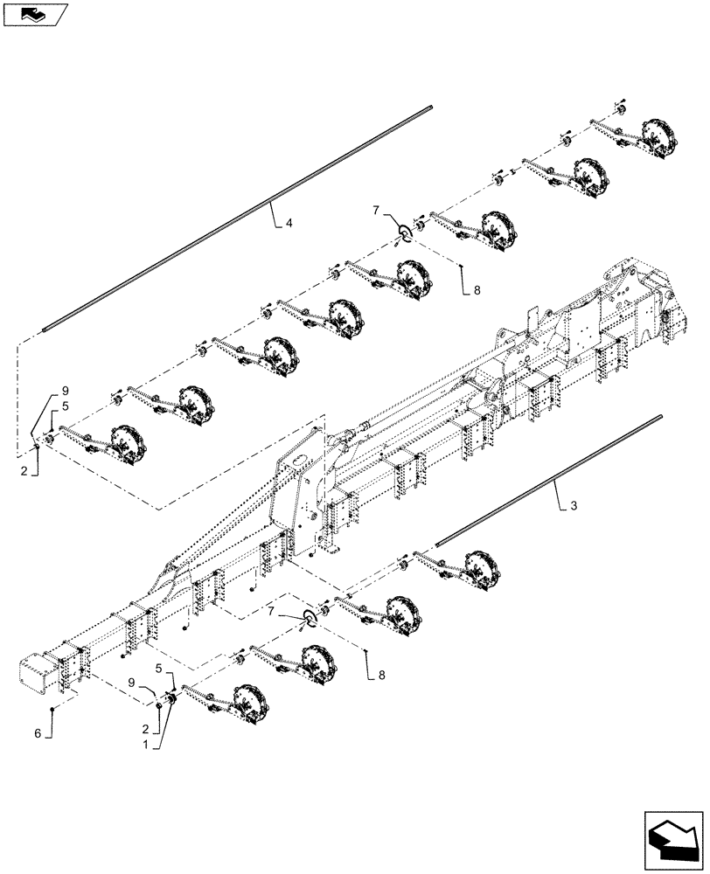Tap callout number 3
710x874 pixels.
(573, 506)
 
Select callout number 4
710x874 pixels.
(289, 223)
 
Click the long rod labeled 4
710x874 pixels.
(236, 218)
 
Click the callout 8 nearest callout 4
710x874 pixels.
(477, 293)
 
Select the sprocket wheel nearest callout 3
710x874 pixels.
(479, 564)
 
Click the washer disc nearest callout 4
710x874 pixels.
(404, 231)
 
